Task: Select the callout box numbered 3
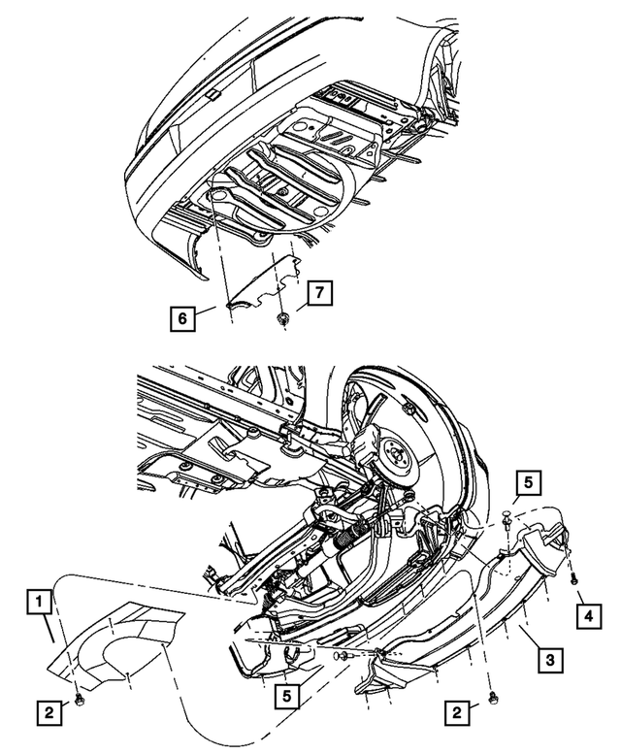click(548, 661)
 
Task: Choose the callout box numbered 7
click(320, 292)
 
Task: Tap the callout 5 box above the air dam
click(525, 482)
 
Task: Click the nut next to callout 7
click(282, 317)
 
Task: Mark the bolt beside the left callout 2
click(81, 699)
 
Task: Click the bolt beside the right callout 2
click(494, 698)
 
